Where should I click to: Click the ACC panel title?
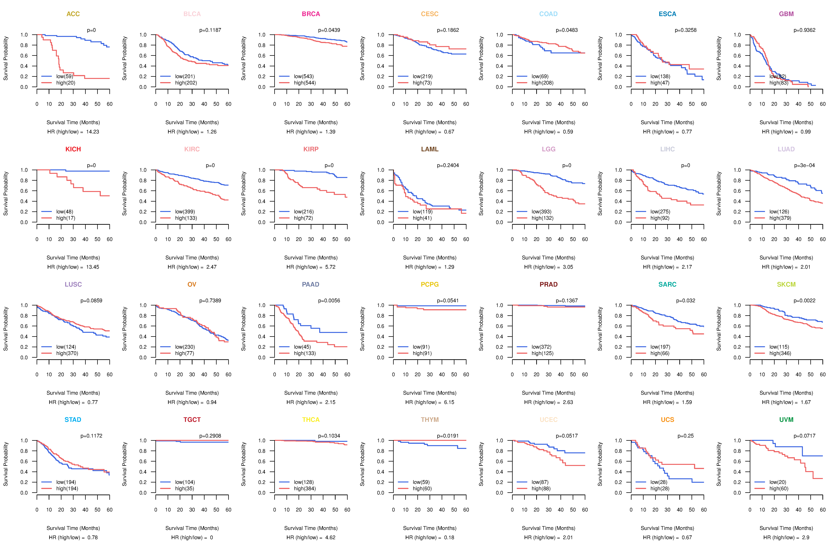pyautogui.click(x=73, y=14)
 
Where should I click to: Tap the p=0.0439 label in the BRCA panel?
pyautogui.click(x=329, y=30)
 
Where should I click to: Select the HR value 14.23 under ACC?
pyautogui.click(x=93, y=132)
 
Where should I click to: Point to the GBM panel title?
pyautogui.click(x=786, y=14)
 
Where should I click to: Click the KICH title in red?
pyautogui.click(x=73, y=149)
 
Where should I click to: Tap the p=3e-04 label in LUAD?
pyautogui.click(x=804, y=165)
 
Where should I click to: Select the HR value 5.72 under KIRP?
pyautogui.click(x=330, y=267)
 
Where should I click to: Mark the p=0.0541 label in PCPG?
pyautogui.click(x=448, y=301)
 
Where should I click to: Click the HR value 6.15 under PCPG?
pyautogui.click(x=449, y=403)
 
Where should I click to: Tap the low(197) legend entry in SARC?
pyautogui.click(x=660, y=347)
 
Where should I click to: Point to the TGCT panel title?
pyautogui.click(x=192, y=420)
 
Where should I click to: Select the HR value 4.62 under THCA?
pyautogui.click(x=330, y=538)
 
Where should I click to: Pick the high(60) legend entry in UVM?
pyautogui.click(x=778, y=489)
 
